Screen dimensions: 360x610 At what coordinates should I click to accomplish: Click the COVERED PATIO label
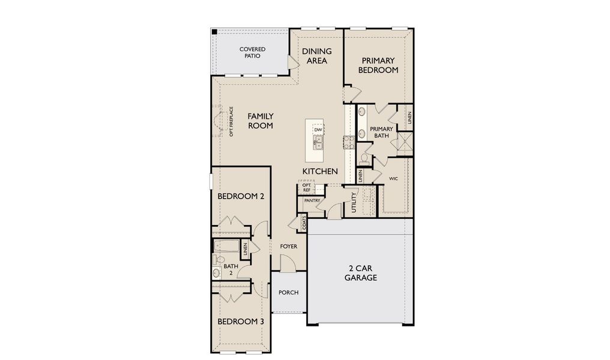tap(252, 52)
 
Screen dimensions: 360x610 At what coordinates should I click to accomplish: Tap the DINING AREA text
tap(316, 56)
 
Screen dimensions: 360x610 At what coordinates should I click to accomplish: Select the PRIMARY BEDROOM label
tap(378, 65)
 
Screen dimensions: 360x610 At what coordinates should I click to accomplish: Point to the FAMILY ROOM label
tap(261, 121)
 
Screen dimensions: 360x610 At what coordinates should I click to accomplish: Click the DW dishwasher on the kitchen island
tap(318, 130)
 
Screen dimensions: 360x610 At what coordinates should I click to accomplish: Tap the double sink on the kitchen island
tap(318, 142)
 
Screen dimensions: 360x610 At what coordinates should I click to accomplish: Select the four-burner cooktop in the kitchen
tap(348, 142)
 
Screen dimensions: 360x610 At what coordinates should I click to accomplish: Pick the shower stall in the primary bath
tap(405, 143)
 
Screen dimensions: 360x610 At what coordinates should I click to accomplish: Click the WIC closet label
tap(394, 179)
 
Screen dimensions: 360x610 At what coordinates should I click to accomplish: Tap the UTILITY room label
tap(354, 202)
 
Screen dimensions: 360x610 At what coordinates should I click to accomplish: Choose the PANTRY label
tap(311, 200)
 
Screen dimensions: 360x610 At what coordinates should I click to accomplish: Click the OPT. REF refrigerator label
tap(306, 188)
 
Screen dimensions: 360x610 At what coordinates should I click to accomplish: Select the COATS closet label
tap(304, 222)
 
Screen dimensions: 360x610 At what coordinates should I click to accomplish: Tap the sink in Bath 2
tap(217, 273)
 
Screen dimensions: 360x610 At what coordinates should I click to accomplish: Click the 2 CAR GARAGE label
tap(361, 272)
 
